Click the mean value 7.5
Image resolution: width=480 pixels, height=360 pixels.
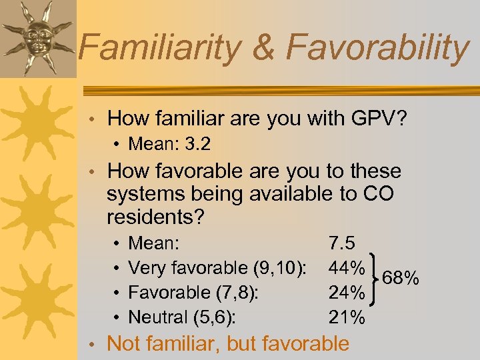342,242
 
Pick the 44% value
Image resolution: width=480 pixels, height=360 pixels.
347,267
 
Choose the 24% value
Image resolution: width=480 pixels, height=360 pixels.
347,293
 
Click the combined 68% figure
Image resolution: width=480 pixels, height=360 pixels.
400,277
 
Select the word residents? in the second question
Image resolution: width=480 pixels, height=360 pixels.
155,217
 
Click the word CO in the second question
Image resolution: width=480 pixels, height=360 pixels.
379,195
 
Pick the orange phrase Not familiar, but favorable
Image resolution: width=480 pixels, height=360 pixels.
228,343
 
